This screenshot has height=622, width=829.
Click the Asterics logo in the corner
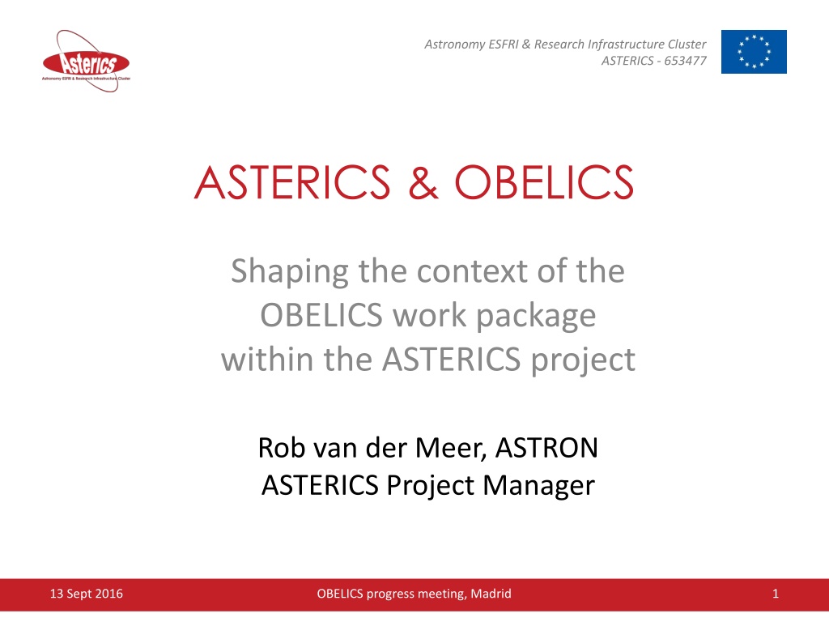click(86, 62)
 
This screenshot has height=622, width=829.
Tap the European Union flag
click(754, 51)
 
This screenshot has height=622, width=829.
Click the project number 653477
click(685, 61)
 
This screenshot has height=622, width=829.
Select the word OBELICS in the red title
click(544, 182)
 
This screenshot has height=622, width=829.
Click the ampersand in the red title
click(423, 182)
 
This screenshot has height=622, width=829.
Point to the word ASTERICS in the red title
click(292, 182)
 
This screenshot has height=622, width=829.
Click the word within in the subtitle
click(267, 359)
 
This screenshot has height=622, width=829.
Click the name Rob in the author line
click(281, 447)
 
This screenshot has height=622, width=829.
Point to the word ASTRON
click(546, 447)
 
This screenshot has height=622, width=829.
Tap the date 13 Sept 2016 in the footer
click(86, 594)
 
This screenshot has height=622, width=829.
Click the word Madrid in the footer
click(491, 594)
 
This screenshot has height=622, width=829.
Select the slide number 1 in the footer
click(776, 594)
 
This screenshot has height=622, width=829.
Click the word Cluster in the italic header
click(687, 44)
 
